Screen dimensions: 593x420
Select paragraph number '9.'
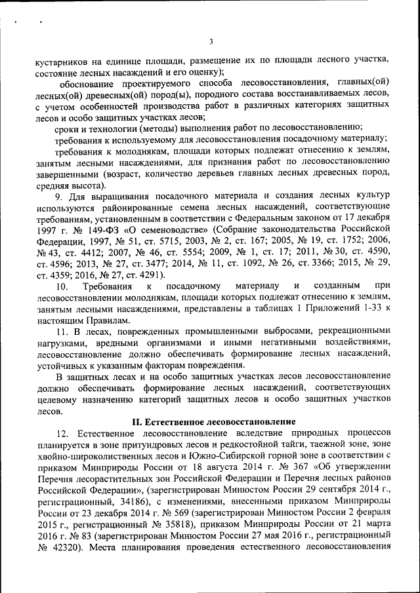point(60,196)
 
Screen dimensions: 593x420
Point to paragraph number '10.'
point(63,286)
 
